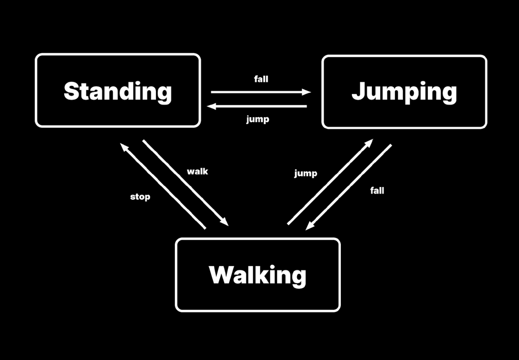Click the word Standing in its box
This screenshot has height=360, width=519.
(117, 91)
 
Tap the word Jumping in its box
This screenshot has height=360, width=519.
(404, 92)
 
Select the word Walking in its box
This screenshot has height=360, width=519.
(257, 275)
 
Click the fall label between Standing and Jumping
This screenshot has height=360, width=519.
(261, 79)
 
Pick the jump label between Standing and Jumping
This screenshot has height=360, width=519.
(258, 119)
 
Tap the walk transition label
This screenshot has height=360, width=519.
(198, 171)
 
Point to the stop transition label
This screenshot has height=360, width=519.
(140, 196)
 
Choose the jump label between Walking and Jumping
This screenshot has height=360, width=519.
(305, 174)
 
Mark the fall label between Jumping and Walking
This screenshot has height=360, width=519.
(377, 191)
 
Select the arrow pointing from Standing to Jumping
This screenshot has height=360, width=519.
(260, 92)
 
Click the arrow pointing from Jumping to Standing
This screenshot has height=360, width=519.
(257, 106)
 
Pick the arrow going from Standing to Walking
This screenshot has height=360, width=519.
(185, 182)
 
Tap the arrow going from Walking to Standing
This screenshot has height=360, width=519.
(163, 185)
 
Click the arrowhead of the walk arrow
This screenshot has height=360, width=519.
(224, 221)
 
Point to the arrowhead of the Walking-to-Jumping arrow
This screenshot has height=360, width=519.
(369, 143)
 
